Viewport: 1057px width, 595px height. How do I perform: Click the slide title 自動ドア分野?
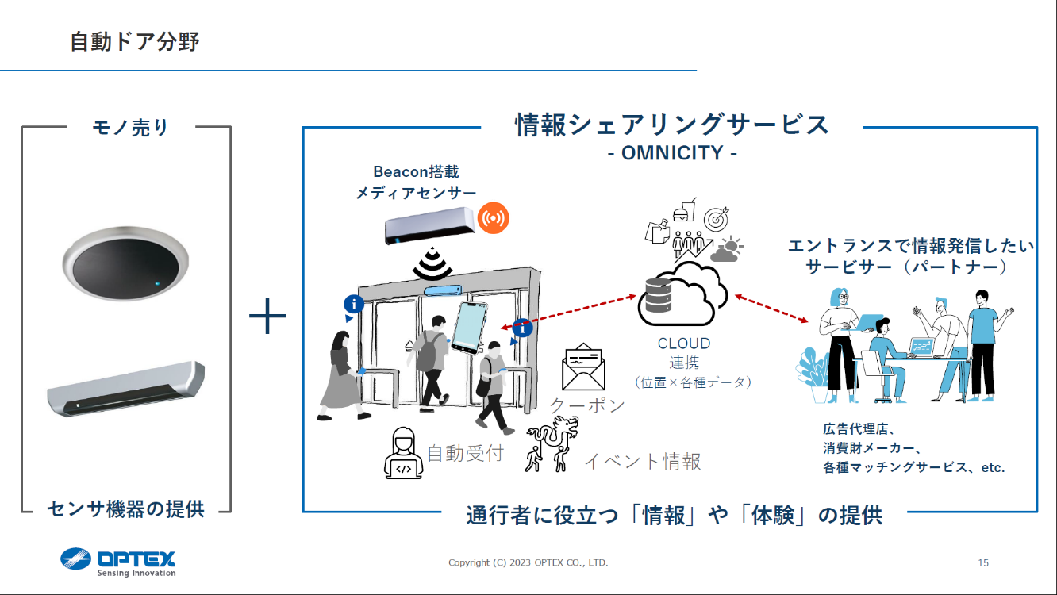134,41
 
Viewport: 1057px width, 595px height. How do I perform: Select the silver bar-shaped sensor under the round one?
125,389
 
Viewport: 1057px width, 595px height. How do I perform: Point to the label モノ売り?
131,127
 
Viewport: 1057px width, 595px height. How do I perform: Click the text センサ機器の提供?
126,509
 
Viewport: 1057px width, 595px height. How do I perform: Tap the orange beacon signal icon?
494,217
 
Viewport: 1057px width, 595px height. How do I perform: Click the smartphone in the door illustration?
471,327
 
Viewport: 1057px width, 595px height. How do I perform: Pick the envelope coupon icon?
583,367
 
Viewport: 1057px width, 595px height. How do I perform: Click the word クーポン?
587,405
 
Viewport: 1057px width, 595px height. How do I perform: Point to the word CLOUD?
684,344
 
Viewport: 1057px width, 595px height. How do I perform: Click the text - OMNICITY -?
671,152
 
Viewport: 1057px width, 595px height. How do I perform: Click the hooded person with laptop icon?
403,455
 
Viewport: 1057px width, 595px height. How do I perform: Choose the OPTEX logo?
118,561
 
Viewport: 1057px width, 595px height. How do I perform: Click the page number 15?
982,563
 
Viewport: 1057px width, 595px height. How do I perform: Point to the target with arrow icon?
716,218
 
